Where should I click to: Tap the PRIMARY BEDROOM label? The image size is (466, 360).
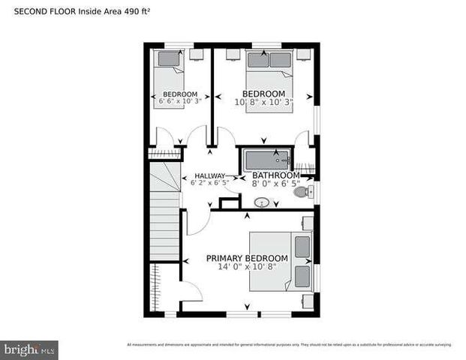click(x=246, y=258)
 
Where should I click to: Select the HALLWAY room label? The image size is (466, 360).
click(x=209, y=175)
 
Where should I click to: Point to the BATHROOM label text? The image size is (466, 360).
click(x=276, y=175)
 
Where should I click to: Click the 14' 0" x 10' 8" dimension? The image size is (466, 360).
click(x=246, y=267)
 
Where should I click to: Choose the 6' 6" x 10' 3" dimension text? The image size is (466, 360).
click(x=179, y=101)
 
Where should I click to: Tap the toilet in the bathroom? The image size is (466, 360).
click(x=302, y=193)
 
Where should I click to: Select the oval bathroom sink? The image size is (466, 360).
click(x=263, y=201)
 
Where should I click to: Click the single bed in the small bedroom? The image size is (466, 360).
click(x=169, y=79)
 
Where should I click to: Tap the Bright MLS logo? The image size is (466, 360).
click(x=30, y=349)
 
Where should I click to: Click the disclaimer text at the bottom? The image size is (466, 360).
click(x=289, y=345)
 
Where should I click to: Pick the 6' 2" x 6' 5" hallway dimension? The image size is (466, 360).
click(x=210, y=182)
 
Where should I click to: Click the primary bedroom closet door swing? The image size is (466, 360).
click(x=191, y=292)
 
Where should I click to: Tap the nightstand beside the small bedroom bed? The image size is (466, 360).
click(x=197, y=55)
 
